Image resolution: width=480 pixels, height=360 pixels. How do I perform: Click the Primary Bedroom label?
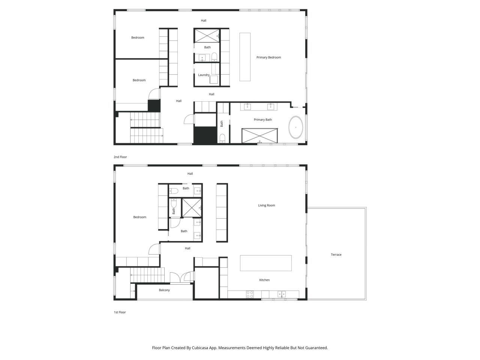[268, 57]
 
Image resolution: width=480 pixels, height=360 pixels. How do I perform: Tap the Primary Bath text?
[263, 120]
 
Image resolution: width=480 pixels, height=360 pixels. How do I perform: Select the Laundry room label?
[204, 75]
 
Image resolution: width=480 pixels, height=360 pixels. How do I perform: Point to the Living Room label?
[266, 205]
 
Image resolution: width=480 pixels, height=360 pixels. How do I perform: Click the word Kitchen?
[264, 280]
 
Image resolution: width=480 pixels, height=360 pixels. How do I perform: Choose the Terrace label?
[336, 255]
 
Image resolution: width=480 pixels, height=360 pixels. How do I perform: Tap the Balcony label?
[164, 290]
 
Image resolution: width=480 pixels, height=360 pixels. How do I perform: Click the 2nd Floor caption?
[120, 157]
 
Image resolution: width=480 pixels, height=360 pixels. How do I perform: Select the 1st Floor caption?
[120, 312]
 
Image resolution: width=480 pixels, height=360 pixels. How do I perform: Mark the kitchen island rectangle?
[265, 263]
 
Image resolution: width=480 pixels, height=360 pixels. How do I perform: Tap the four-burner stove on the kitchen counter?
[250, 295]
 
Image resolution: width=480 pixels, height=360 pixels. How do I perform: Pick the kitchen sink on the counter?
[282, 294]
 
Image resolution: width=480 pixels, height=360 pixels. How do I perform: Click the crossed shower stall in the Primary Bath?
[259, 135]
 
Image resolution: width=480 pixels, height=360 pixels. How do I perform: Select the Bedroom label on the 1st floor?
[139, 217]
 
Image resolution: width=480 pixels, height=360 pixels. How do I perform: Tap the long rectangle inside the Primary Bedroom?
[245, 57]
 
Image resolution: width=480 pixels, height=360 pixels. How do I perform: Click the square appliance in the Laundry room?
[214, 79]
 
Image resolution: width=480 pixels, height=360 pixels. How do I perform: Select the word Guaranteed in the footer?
[316, 348]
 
